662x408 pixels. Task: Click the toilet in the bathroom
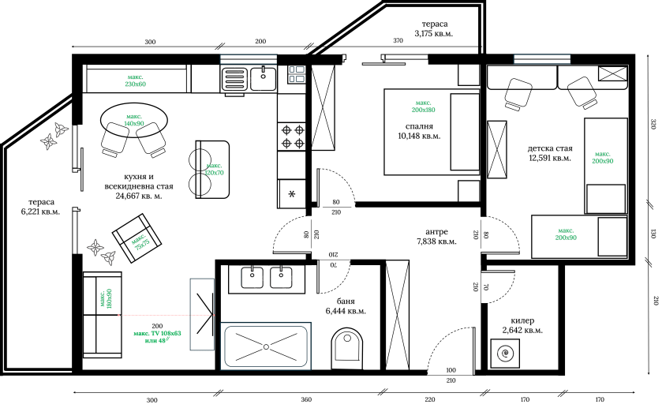coord(347,347)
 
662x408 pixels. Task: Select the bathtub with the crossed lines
coord(266,346)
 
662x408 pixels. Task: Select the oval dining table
coord(134,123)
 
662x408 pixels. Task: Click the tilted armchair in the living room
coord(135,234)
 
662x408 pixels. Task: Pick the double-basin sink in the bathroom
coord(267,277)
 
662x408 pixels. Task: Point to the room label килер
coord(522,321)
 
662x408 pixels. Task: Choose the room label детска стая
coord(549,148)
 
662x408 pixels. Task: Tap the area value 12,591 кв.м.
coord(548,158)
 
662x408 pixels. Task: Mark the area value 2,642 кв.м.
coord(522,331)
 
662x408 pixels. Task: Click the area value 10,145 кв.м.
coord(420,136)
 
